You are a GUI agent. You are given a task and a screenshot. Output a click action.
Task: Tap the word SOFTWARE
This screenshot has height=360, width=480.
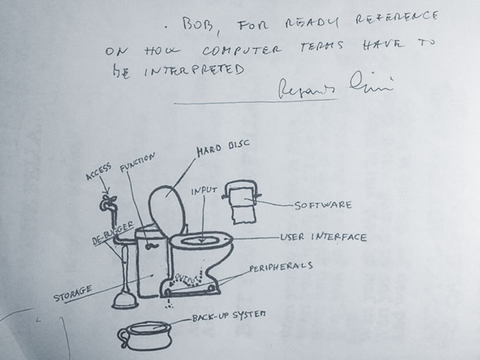pos(323,204)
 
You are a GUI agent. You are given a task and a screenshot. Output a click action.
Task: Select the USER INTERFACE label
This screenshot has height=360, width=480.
pos(323,237)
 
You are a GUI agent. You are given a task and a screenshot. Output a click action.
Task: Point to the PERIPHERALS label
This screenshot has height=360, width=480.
pos(281,265)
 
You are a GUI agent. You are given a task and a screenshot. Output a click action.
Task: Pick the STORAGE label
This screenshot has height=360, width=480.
pos(73,293)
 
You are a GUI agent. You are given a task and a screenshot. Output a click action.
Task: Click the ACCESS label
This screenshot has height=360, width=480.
pos(99,171)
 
